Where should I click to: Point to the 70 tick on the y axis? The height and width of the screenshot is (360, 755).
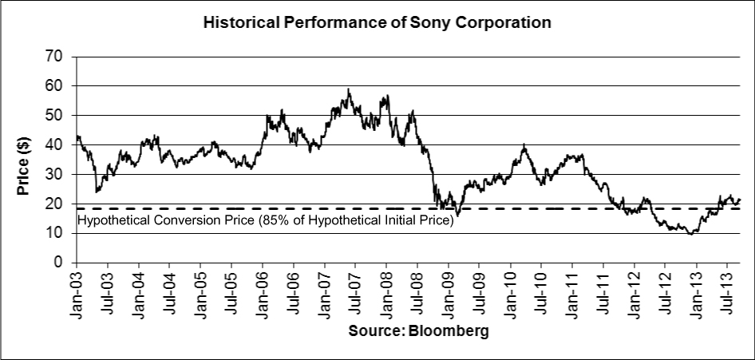pyautogui.click(x=56, y=57)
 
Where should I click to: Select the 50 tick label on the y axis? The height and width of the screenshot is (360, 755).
pyautogui.click(x=56, y=116)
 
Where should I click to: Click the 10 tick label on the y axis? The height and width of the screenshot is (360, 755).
pyautogui.click(x=56, y=233)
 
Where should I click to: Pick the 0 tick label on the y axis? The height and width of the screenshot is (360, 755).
pyautogui.click(x=59, y=263)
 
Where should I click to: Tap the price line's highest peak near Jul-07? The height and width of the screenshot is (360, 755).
pyautogui.click(x=349, y=89)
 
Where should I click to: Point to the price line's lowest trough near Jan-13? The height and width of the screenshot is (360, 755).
pyautogui.click(x=690, y=233)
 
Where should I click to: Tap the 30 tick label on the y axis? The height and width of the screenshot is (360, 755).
pyautogui.click(x=56, y=174)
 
